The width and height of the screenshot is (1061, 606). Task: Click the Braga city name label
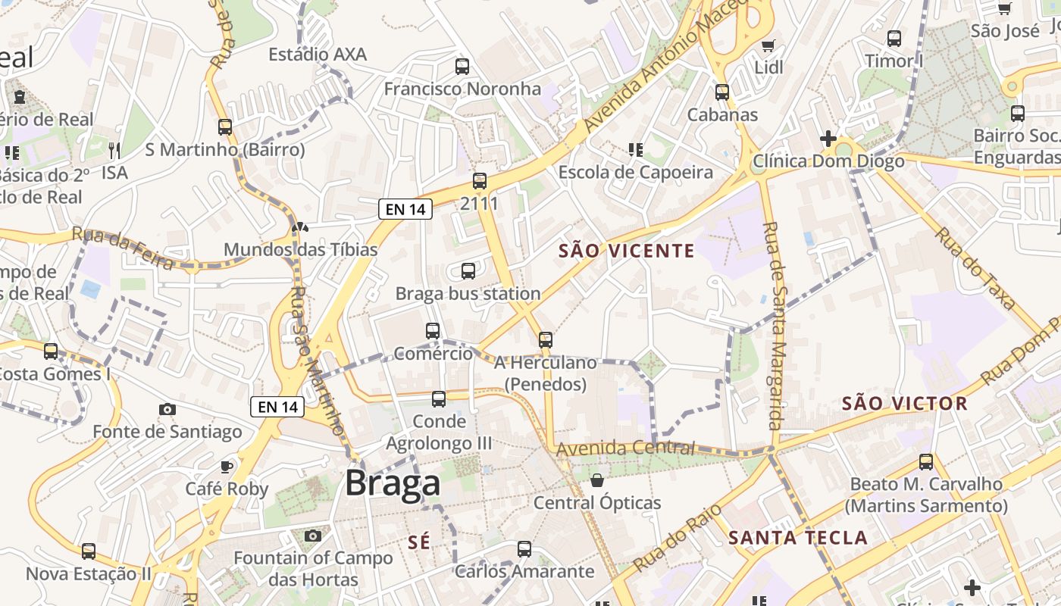393,483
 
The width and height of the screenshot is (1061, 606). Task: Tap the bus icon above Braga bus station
468,270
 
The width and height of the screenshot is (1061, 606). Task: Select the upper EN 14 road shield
405,209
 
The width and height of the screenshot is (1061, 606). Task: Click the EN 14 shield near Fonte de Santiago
277,407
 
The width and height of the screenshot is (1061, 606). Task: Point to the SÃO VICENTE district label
626,251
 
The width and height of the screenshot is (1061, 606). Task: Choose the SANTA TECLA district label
797,539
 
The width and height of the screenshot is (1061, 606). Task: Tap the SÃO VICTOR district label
905,404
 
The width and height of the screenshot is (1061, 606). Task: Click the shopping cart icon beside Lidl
768,45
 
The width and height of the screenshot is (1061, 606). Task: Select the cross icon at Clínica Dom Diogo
828,139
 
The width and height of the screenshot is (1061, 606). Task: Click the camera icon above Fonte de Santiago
167,409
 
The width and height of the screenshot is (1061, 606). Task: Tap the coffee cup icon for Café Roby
226,466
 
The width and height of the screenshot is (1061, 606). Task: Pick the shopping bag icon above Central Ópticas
597,480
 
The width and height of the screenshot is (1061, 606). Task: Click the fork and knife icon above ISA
114,150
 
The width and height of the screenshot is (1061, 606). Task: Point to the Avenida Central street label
625,448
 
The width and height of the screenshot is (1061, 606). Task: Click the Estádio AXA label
318,55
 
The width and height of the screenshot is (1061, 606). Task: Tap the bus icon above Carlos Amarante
524,549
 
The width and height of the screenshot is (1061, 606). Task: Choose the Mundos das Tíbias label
301,249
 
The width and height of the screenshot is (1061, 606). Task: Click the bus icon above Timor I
894,38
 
